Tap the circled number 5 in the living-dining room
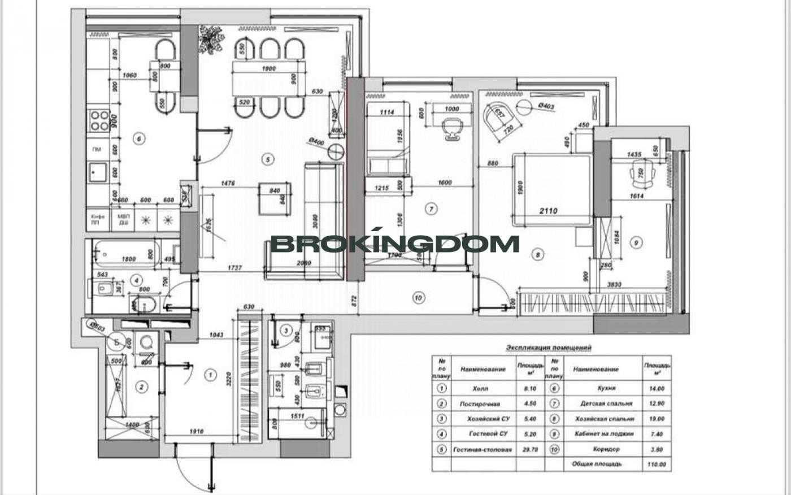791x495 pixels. pos(268,159)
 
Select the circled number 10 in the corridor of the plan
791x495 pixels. pos(418,298)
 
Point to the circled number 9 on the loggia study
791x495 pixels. pos(636,242)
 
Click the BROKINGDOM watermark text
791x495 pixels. pos(395,244)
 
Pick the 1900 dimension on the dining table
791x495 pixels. pos(269,69)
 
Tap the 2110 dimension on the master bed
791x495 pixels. pos(548,211)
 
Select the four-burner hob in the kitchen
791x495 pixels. pos(99,120)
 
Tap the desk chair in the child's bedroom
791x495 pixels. pos(451,127)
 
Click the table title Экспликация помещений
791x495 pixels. pos(548,348)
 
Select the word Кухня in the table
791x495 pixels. pos(606,389)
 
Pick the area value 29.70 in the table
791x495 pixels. pos(527,450)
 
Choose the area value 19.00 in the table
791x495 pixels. pos(657,419)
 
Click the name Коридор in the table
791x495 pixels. pos(606,450)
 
